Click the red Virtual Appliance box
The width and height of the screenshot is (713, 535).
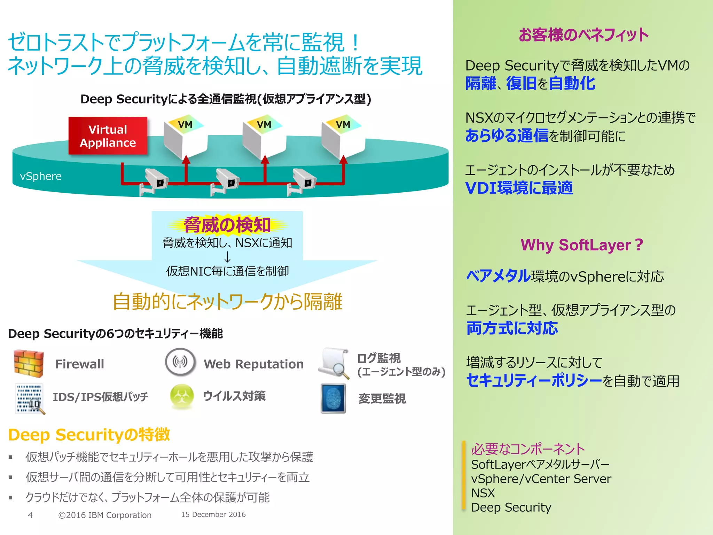pos(108,136)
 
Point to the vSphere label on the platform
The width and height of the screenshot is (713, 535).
pos(41,176)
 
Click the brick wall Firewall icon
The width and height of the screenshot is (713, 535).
pos(29,364)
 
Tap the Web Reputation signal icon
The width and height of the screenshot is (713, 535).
pos(180,362)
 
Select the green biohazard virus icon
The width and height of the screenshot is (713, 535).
pos(182,396)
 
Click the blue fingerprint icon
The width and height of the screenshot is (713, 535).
pos(333,398)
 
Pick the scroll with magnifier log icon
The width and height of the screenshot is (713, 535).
pos(334,363)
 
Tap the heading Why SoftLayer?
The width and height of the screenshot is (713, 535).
pos(582,245)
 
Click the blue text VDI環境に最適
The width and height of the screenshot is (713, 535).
pos(519,188)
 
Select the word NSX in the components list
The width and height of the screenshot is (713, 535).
pos(483,493)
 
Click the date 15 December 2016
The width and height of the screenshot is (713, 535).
pos(213,514)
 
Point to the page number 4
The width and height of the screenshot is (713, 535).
pos(30,515)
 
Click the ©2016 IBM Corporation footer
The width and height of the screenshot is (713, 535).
pos(105,515)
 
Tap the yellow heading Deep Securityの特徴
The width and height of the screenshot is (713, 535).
pos(89,435)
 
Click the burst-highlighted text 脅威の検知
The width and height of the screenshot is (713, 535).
pos(227,225)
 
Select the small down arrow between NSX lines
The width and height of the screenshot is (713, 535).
pos(227,257)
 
